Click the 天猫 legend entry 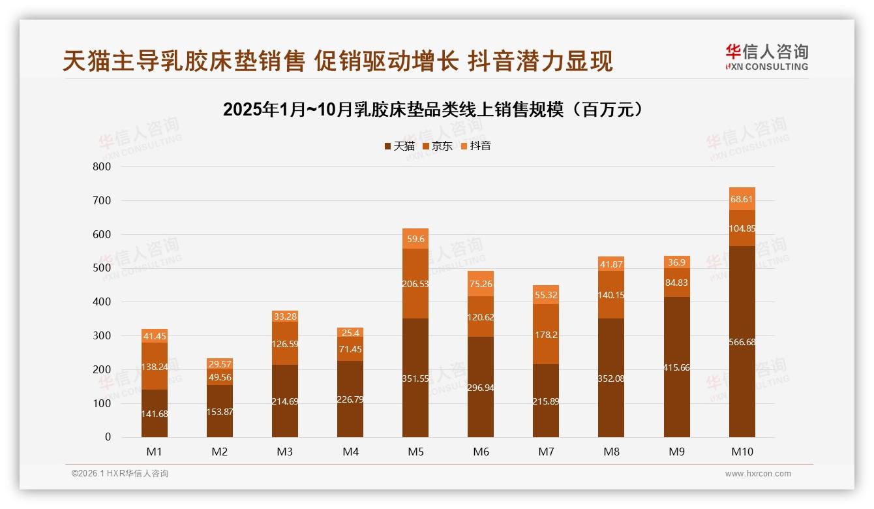(399, 146)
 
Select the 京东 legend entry (438, 146)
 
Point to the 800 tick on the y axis (102, 166)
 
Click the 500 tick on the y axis (102, 268)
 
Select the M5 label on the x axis (415, 452)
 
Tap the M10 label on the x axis (742, 452)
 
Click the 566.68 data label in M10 (742, 342)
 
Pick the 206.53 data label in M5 (415, 284)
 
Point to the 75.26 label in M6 (481, 284)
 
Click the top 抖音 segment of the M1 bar (155, 335)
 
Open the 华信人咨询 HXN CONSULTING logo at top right (766, 57)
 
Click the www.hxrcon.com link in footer (758, 474)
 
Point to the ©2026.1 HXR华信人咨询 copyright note (119, 474)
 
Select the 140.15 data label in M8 (611, 295)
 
